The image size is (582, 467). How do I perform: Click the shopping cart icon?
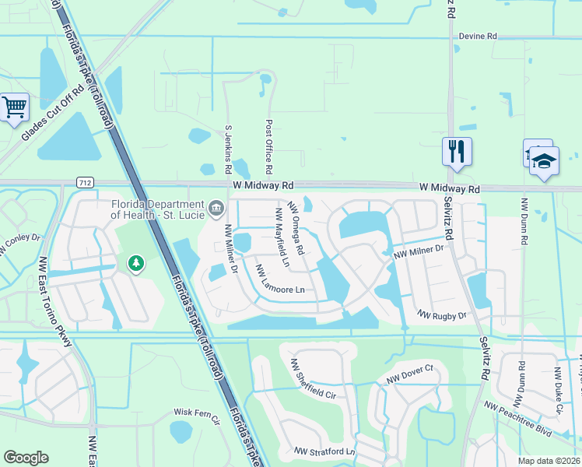pos(14,107)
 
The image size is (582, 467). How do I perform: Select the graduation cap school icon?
pos(544,161)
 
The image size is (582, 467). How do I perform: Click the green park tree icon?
pos(136,265)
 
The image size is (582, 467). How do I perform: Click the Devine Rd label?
pos(478,36)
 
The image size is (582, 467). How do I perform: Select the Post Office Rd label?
pos(268,146)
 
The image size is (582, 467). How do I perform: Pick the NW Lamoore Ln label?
pos(279,280)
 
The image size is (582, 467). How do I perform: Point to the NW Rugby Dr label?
pos(441,315)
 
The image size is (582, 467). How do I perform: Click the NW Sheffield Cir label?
pos(313,379)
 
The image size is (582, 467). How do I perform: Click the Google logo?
pos(26,458)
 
